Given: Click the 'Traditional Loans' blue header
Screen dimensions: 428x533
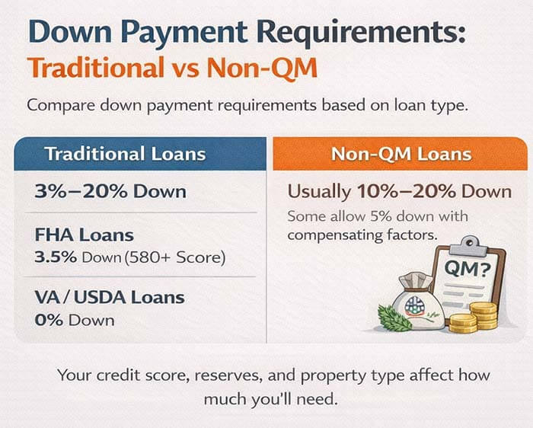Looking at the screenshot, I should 125,153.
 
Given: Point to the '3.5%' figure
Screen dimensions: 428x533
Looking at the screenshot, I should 56,257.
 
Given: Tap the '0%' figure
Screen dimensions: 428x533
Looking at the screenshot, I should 49,319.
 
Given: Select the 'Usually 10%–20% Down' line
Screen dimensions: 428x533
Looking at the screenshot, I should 399,190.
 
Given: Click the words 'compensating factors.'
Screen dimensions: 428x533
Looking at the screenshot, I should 362,234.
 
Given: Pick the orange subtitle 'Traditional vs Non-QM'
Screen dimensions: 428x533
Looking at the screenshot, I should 171,68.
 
